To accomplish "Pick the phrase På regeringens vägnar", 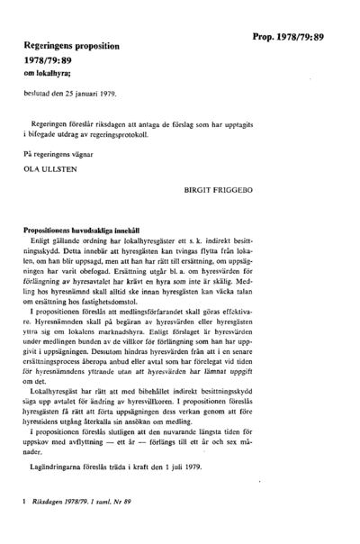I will tap(58, 153).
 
